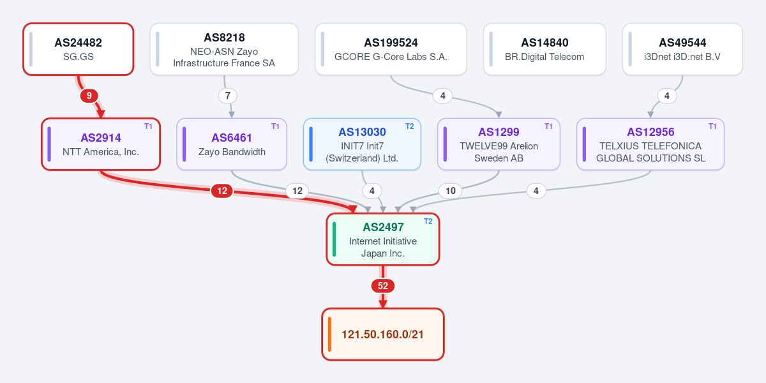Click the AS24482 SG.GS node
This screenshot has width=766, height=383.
[79, 49]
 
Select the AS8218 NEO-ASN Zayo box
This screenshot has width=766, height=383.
[224, 49]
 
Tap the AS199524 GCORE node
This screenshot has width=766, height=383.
[391, 49]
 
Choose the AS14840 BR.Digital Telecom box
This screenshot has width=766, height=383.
[544, 49]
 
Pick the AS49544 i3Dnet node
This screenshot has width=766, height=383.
[682, 49]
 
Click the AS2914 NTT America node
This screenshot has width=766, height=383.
[101, 144]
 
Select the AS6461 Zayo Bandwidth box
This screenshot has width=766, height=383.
[232, 144]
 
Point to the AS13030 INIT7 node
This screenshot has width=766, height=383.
[362, 144]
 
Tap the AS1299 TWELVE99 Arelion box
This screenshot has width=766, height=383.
[499, 144]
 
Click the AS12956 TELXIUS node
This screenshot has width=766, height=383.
[650, 144]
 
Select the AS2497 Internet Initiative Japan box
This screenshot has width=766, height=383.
[383, 239]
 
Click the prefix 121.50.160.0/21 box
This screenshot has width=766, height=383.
[383, 334]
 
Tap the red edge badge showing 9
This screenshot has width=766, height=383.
[89, 96]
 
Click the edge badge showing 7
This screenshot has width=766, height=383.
[228, 96]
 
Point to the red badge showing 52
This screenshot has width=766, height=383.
[383, 286]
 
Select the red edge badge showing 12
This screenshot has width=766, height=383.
[222, 191]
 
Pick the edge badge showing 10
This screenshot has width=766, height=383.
[451, 191]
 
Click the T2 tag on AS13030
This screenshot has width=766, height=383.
[410, 126]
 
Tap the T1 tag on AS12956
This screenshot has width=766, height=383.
[712, 126]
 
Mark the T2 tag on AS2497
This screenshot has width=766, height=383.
[428, 222]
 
